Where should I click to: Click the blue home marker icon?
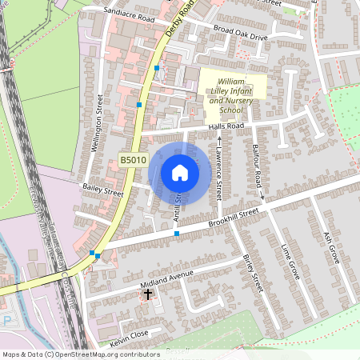pyautogui.click(x=180, y=172)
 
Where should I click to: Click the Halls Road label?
pyautogui.click(x=225, y=126)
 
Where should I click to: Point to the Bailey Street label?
pyautogui.click(x=102, y=192)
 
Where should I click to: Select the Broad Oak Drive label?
pyautogui.click(x=241, y=34)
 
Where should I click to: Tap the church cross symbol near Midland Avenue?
pyautogui.click(x=147, y=294)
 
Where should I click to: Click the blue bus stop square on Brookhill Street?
pyautogui.click(x=176, y=234)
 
